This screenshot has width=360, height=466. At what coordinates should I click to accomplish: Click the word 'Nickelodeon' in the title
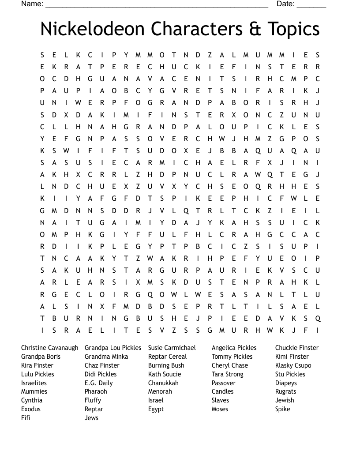click(92, 29)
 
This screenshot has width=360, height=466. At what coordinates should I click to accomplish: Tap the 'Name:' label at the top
click(32, 4)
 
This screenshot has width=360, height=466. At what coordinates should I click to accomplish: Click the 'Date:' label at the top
click(285, 4)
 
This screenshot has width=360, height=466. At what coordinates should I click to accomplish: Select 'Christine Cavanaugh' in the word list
click(49, 348)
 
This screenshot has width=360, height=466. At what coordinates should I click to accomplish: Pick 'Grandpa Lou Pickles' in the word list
click(113, 348)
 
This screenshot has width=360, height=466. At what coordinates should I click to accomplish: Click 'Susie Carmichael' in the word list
click(172, 348)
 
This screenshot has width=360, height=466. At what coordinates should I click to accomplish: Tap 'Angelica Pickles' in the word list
click(234, 348)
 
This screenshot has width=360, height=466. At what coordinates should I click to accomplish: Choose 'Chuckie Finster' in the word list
click(297, 348)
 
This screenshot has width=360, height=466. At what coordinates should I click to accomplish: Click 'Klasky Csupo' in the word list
click(293, 365)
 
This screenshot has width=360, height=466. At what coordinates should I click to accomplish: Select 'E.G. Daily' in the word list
click(99, 383)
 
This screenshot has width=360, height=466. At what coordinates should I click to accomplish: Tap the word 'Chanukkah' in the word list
click(163, 383)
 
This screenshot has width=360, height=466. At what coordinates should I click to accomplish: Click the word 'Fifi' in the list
click(26, 418)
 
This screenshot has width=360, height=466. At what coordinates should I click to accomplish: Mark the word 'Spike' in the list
click(283, 409)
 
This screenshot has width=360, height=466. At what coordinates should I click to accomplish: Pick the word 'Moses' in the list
click(220, 409)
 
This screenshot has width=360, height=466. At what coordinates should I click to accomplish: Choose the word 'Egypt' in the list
click(156, 409)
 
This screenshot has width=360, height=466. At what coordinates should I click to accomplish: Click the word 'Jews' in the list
click(91, 418)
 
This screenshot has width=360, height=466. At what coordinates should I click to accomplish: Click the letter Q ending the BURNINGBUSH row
click(318, 318)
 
